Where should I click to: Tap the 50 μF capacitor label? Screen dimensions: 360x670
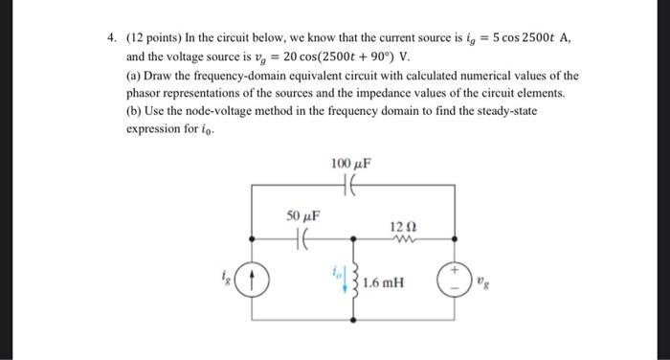[x=303, y=216]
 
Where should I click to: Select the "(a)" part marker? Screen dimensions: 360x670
[x=136, y=75]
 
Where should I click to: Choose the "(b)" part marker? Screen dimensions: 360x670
[x=136, y=112]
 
